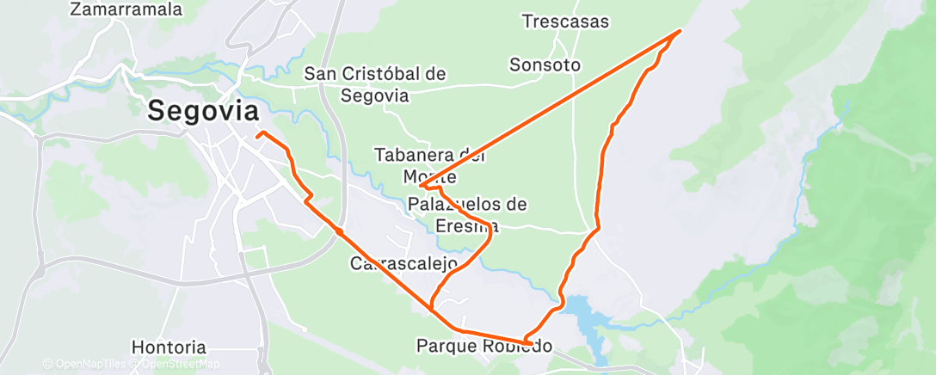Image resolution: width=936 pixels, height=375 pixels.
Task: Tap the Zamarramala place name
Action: click(127, 10)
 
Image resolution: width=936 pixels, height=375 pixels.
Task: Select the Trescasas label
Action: click(565, 22)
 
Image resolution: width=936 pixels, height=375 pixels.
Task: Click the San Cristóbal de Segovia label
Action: click(375, 84)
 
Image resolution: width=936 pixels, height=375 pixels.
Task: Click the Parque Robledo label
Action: click(483, 346)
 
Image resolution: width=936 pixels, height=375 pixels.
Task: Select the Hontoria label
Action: click(169, 347)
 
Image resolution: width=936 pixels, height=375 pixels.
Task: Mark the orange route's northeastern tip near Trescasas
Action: click(680, 32)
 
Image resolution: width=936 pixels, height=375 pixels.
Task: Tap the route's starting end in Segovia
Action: click(259, 133)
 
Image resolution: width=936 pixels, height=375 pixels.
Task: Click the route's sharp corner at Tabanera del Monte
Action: click(421, 185)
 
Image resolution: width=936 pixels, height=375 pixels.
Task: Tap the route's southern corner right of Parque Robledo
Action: click(526, 341)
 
